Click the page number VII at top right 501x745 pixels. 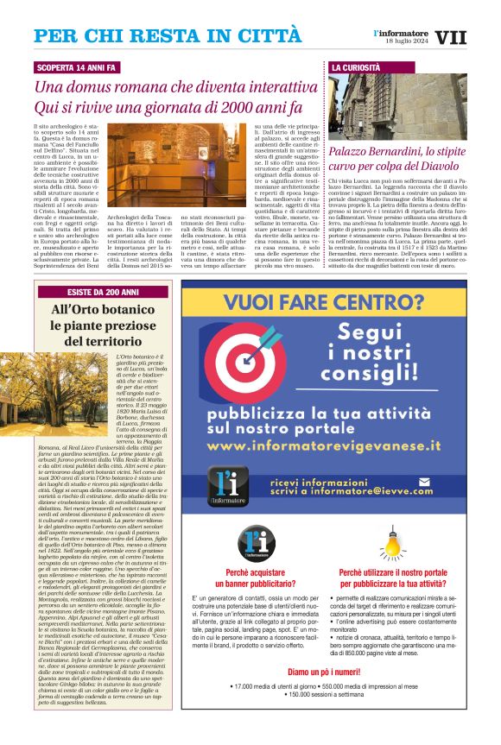pos(450,38)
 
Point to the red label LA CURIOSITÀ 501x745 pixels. pos(355,67)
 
